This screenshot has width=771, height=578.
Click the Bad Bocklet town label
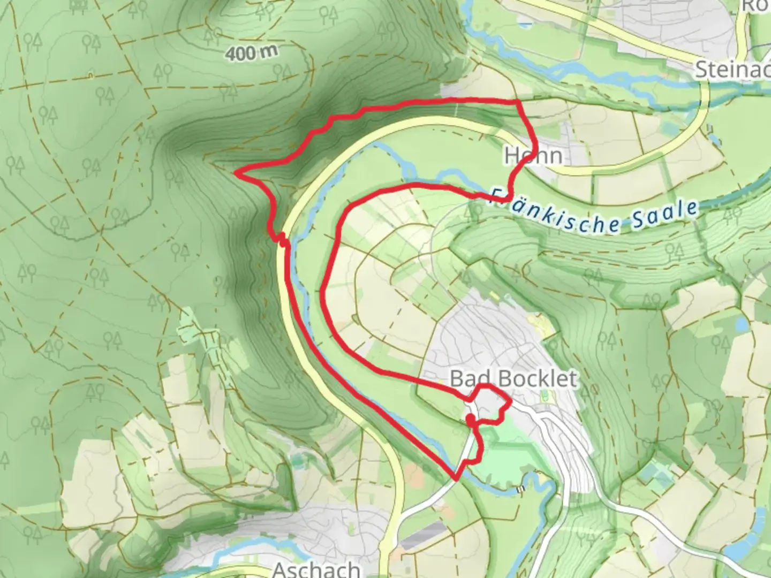point(513,379)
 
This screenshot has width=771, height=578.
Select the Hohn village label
point(533,156)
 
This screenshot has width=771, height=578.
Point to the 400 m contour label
point(251,52)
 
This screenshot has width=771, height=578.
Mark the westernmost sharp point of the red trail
point(236,172)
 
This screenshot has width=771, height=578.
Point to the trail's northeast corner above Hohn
point(517,102)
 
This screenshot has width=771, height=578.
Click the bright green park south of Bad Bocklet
point(498,460)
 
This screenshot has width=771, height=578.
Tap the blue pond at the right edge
point(741,324)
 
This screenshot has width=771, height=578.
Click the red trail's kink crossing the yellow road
point(281,239)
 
